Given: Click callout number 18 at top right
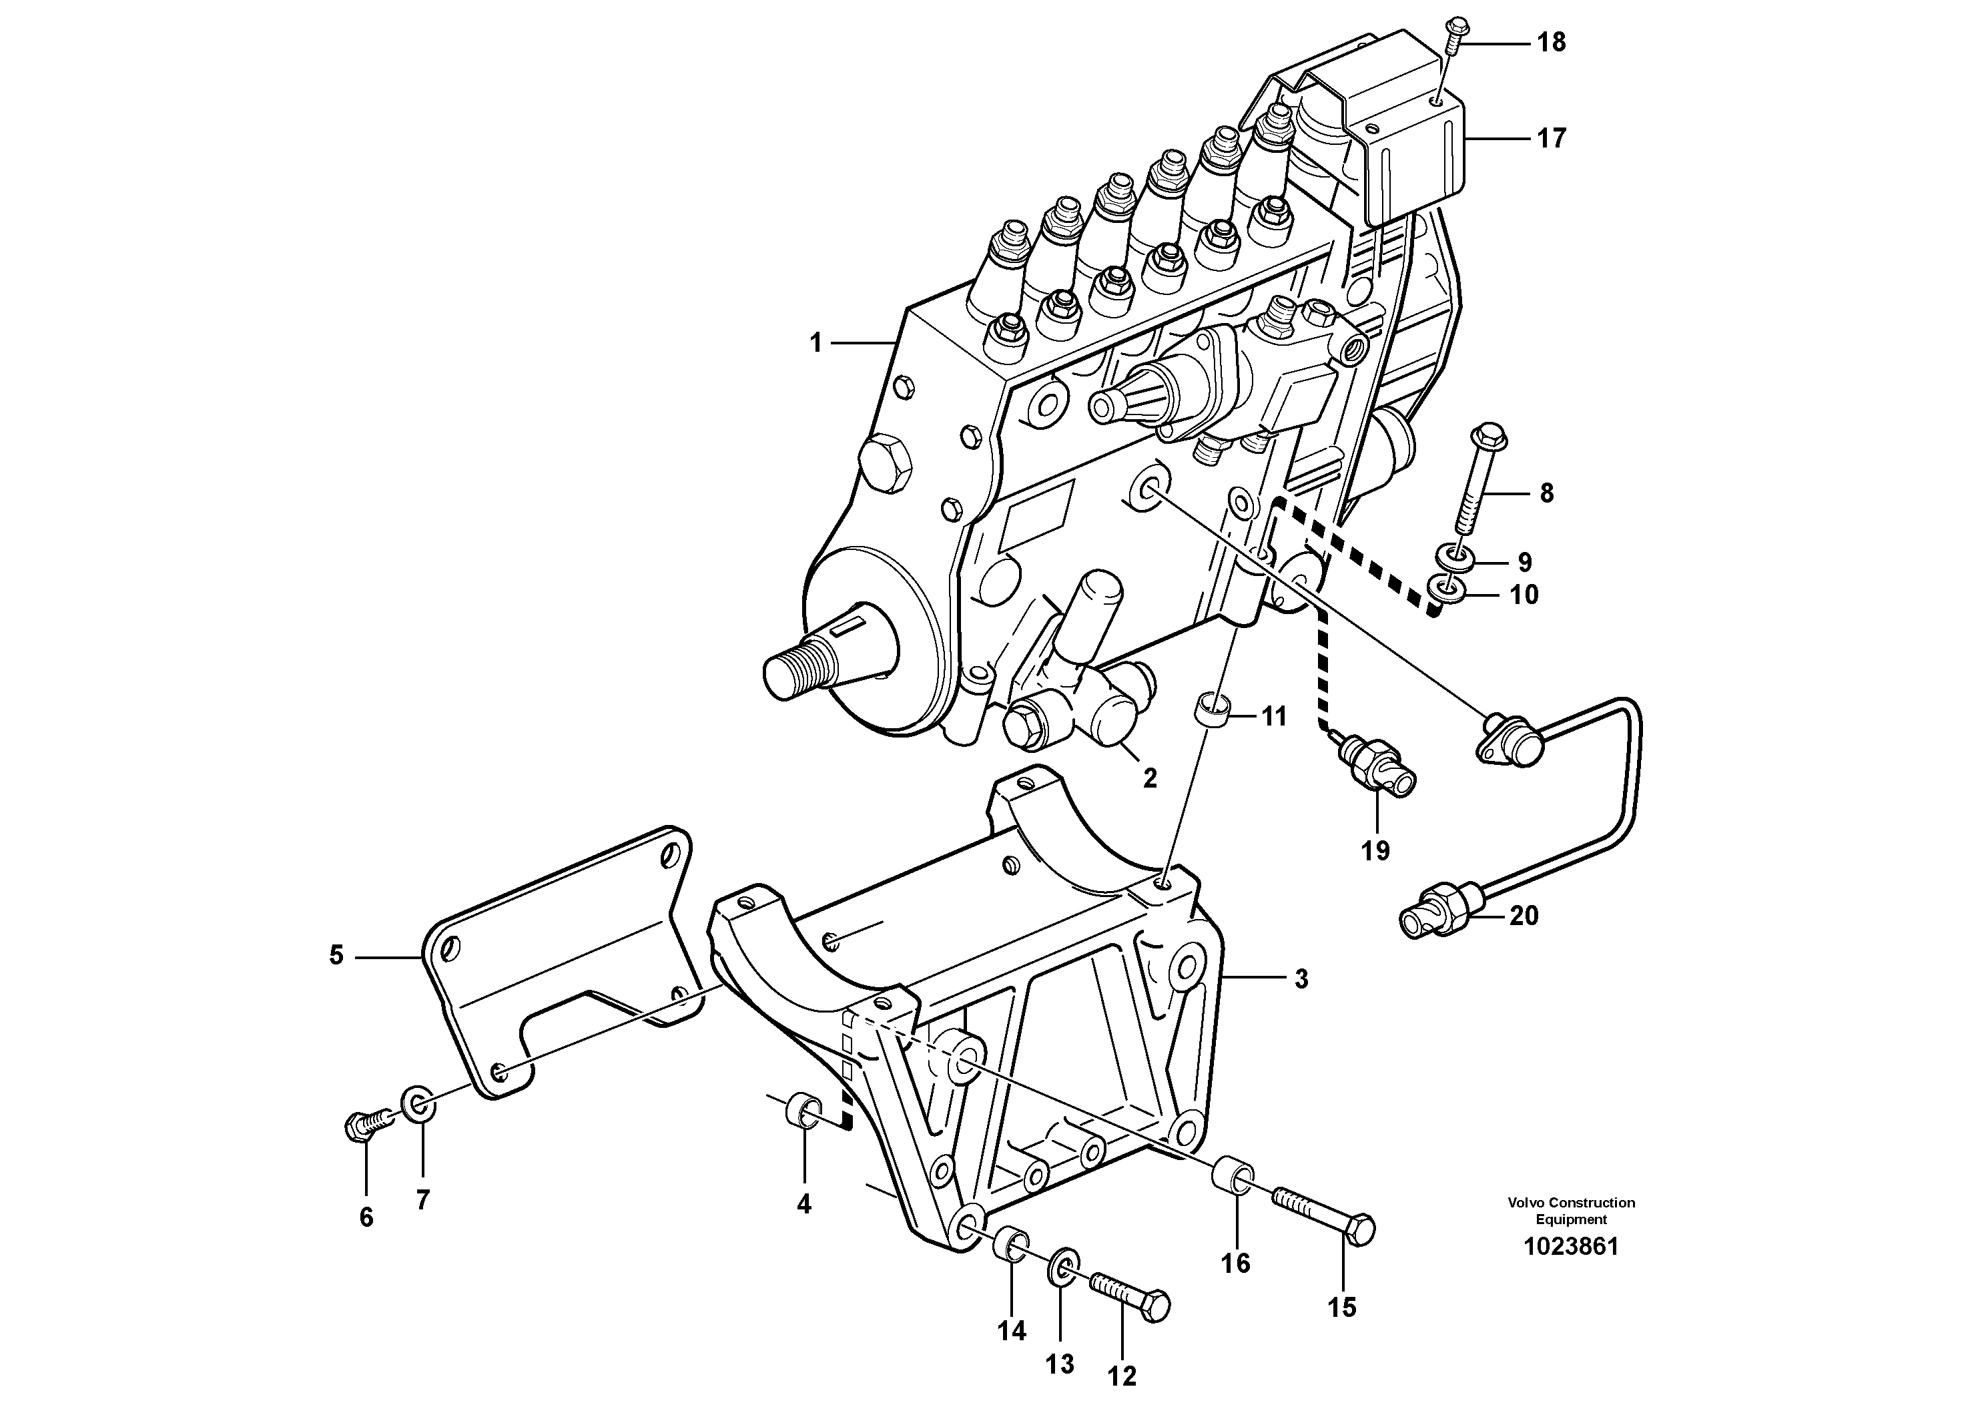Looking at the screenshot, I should (x=1551, y=43).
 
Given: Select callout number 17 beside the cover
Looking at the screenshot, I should (x=1551, y=138).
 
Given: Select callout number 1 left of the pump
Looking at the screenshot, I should (x=815, y=343).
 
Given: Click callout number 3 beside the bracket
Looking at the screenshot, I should (x=1301, y=979).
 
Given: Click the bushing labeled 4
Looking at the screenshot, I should (x=803, y=1111).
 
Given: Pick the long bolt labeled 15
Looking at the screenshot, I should (x=1323, y=1215).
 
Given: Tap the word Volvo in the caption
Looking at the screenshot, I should (x=1526, y=1202).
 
